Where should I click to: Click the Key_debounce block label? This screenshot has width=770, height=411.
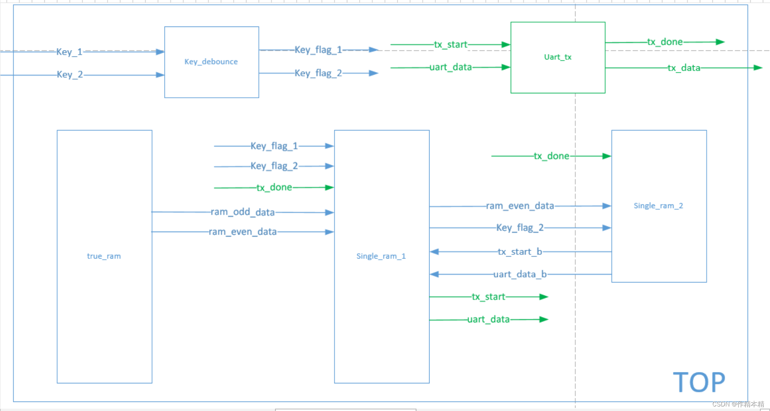point(211,61)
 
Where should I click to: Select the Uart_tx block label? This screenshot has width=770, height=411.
point(557,57)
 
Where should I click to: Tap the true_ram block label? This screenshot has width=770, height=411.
point(104,256)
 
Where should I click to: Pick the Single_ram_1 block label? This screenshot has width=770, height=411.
point(381,256)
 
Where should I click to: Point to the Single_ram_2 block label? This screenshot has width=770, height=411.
point(658,206)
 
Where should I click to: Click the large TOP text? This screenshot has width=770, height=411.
point(699,382)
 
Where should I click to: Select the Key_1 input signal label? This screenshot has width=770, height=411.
point(69,52)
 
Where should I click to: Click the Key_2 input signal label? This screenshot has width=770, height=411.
point(70,74)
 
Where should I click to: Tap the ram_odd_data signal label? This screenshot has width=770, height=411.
point(243,212)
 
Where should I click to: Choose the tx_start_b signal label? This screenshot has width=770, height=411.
point(519,252)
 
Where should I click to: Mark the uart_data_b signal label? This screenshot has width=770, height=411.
point(520,274)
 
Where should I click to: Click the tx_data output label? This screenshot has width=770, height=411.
point(684,68)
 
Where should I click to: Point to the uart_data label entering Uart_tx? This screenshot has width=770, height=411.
point(450,67)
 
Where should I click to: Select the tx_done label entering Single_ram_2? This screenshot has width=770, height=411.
point(551,156)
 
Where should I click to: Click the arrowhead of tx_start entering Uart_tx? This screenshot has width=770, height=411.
point(506,44)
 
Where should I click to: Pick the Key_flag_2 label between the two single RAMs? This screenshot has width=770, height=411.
point(520,227)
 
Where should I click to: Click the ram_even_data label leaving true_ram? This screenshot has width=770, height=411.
point(243,232)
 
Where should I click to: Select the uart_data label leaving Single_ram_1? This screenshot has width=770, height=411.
point(488,319)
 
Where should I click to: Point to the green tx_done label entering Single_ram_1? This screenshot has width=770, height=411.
point(274,187)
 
